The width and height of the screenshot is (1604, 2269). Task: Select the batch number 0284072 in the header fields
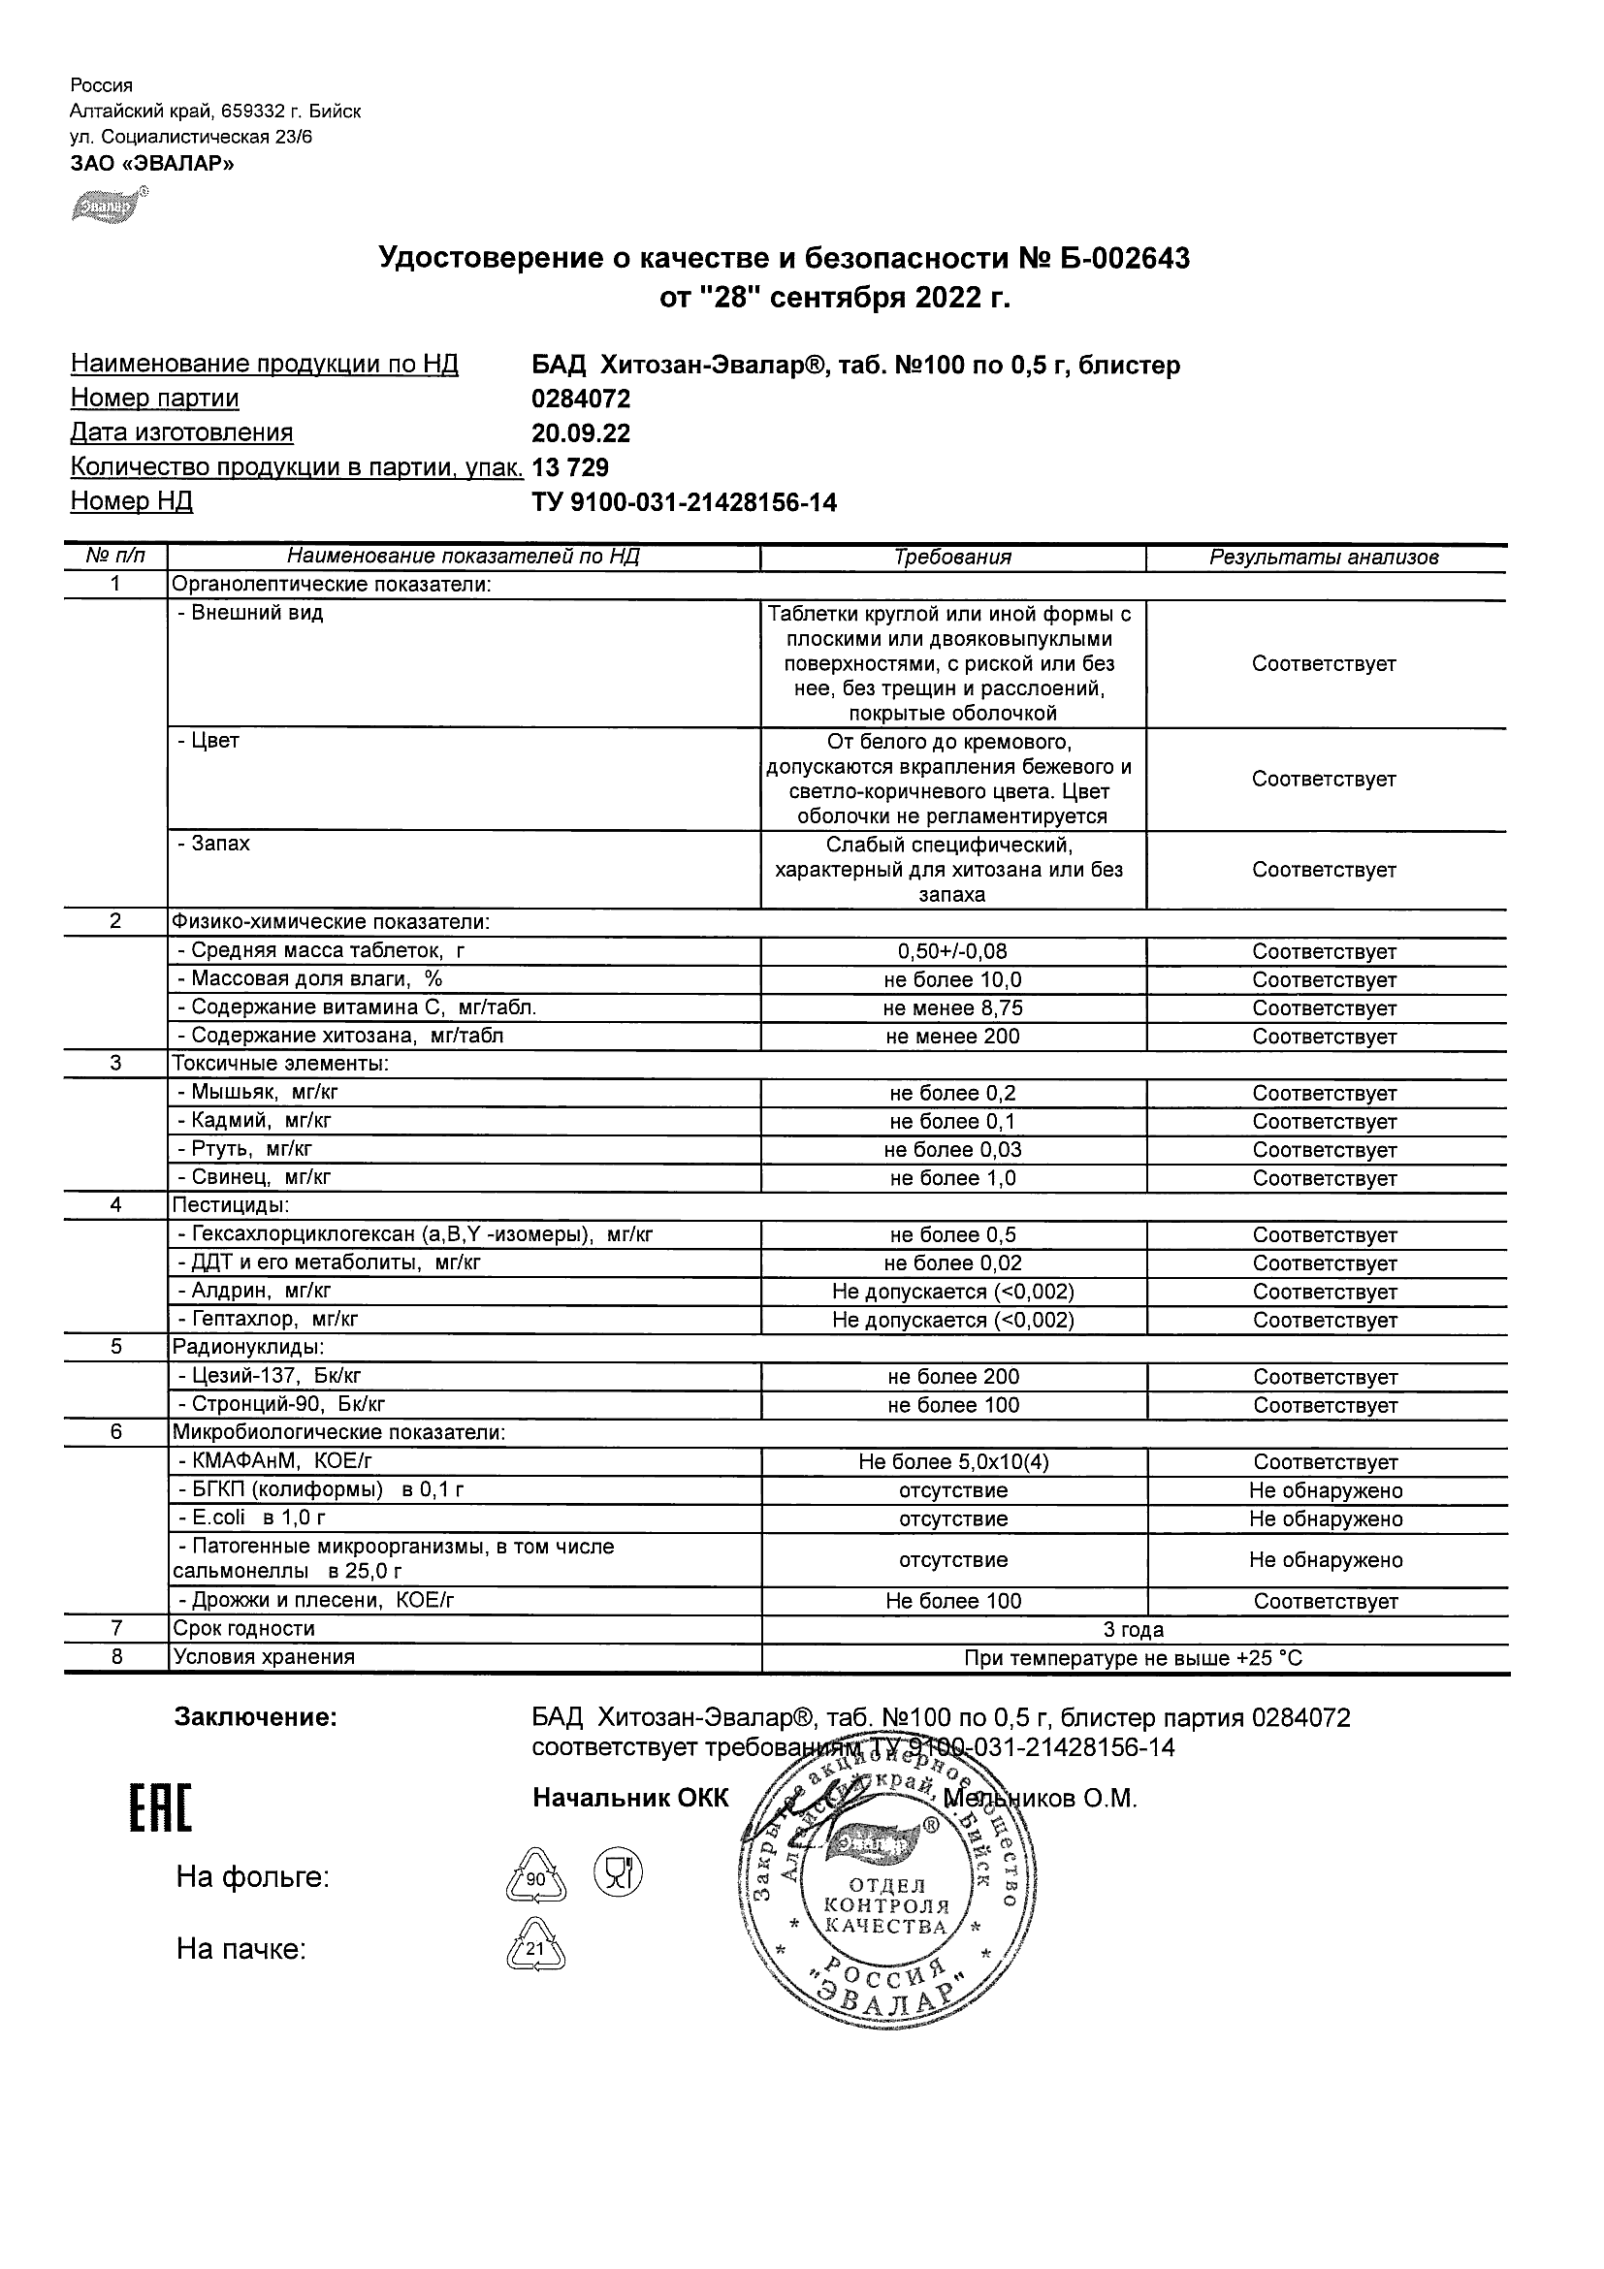point(581,399)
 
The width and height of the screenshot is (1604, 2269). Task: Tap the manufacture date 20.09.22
point(581,433)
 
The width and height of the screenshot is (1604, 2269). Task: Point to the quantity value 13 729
point(570,467)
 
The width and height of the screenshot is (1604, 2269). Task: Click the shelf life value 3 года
point(1134,1630)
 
